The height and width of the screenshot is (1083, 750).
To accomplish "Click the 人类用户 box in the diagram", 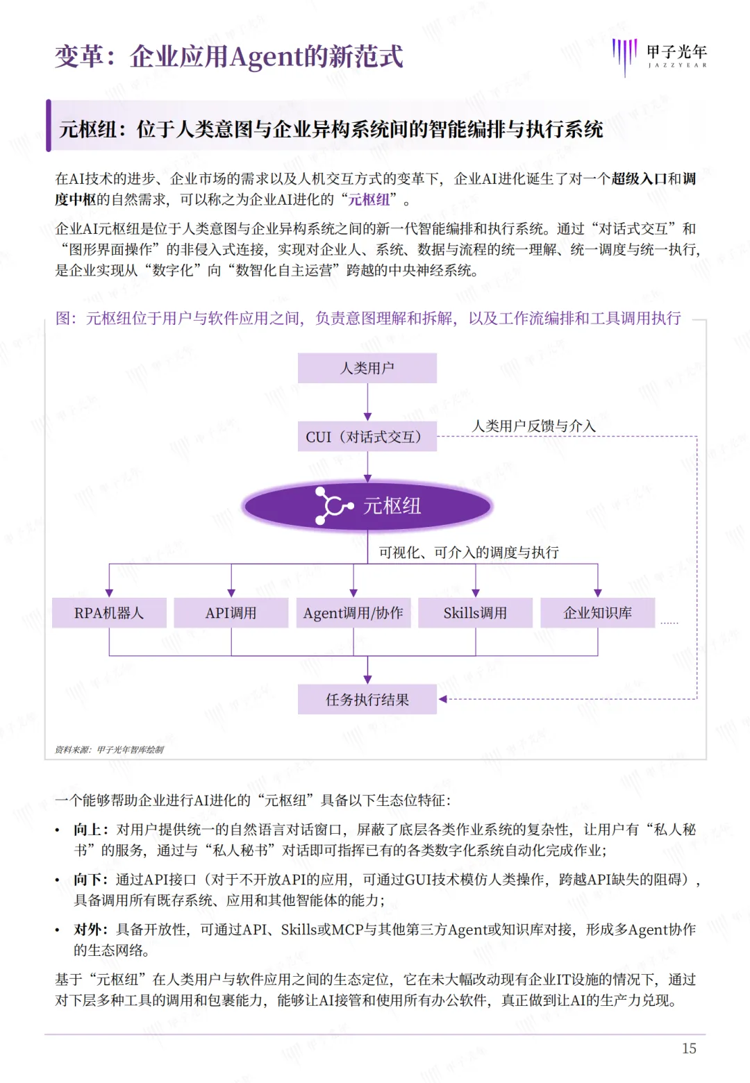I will click(367, 368).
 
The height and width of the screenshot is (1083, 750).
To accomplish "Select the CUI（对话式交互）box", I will click(367, 437).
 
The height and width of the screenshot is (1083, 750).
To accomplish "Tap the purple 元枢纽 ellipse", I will click(367, 505).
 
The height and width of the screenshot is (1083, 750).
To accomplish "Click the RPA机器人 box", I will click(109, 613).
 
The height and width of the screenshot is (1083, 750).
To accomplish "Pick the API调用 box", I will click(231, 613).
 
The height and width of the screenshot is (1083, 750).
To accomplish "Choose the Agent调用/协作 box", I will click(353, 613).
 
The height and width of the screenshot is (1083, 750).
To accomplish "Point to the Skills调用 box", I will click(476, 613).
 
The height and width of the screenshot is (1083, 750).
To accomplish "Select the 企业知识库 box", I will click(598, 613).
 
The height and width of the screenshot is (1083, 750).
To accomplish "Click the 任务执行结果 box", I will click(367, 699).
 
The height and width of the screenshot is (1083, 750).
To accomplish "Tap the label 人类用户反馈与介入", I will click(534, 426).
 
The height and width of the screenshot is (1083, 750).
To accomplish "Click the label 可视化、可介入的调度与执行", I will click(469, 552).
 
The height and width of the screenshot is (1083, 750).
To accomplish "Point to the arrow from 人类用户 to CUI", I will click(367, 403).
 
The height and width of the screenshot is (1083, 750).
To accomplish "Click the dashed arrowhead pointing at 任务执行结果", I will click(443, 699).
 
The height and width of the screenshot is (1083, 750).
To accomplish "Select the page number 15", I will click(689, 1048).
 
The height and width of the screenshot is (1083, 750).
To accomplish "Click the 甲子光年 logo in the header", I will click(660, 56).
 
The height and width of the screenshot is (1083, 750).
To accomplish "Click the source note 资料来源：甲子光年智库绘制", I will click(110, 750).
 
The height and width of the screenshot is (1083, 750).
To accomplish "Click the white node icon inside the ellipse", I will click(333, 505).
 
